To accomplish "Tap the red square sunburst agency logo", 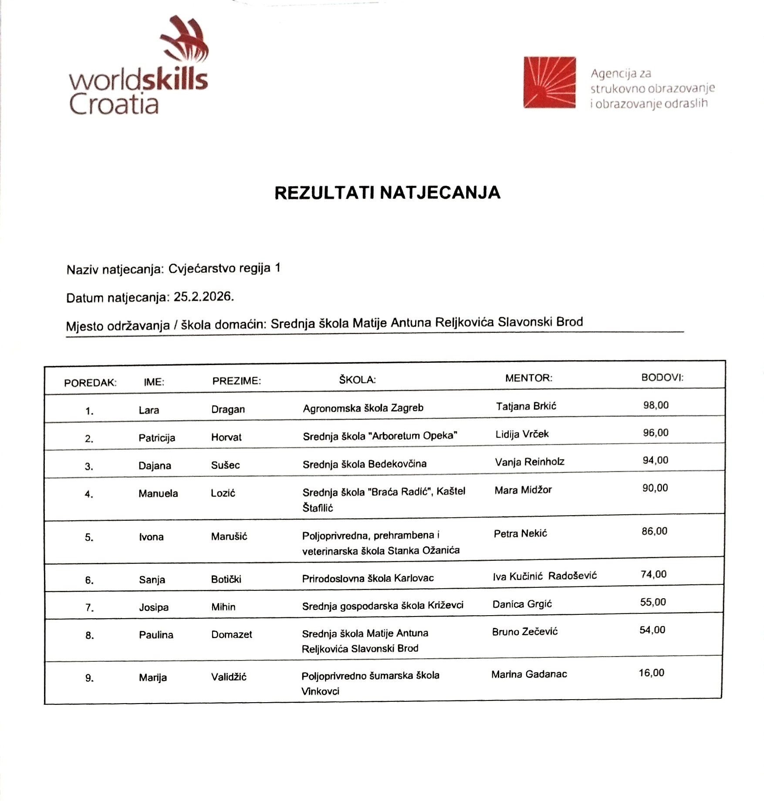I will [549, 82].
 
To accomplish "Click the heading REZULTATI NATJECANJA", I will [387, 193].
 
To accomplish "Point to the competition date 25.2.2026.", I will [203, 297].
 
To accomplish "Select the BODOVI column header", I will [662, 377].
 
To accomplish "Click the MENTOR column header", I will [528, 378].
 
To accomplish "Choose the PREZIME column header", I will [237, 381].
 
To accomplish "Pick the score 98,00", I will [656, 405].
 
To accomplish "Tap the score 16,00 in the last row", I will [651, 673].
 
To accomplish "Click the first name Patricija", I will [157, 438].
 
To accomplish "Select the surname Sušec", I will [225, 465].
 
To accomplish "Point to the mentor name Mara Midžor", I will [523, 490].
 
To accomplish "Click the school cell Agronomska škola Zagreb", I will [363, 408].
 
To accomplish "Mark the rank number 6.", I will [89, 580].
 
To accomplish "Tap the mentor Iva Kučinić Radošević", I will [544, 576].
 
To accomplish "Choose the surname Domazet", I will [231, 634].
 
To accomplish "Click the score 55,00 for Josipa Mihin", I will [652, 602].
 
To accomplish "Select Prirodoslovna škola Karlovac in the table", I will [368, 578].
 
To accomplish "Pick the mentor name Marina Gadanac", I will [529, 674].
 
